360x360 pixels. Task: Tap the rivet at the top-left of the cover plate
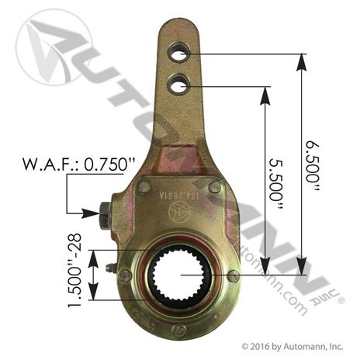point(145,187)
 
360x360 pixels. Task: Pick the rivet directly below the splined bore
point(180,330)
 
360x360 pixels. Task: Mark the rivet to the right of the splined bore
point(234,276)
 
